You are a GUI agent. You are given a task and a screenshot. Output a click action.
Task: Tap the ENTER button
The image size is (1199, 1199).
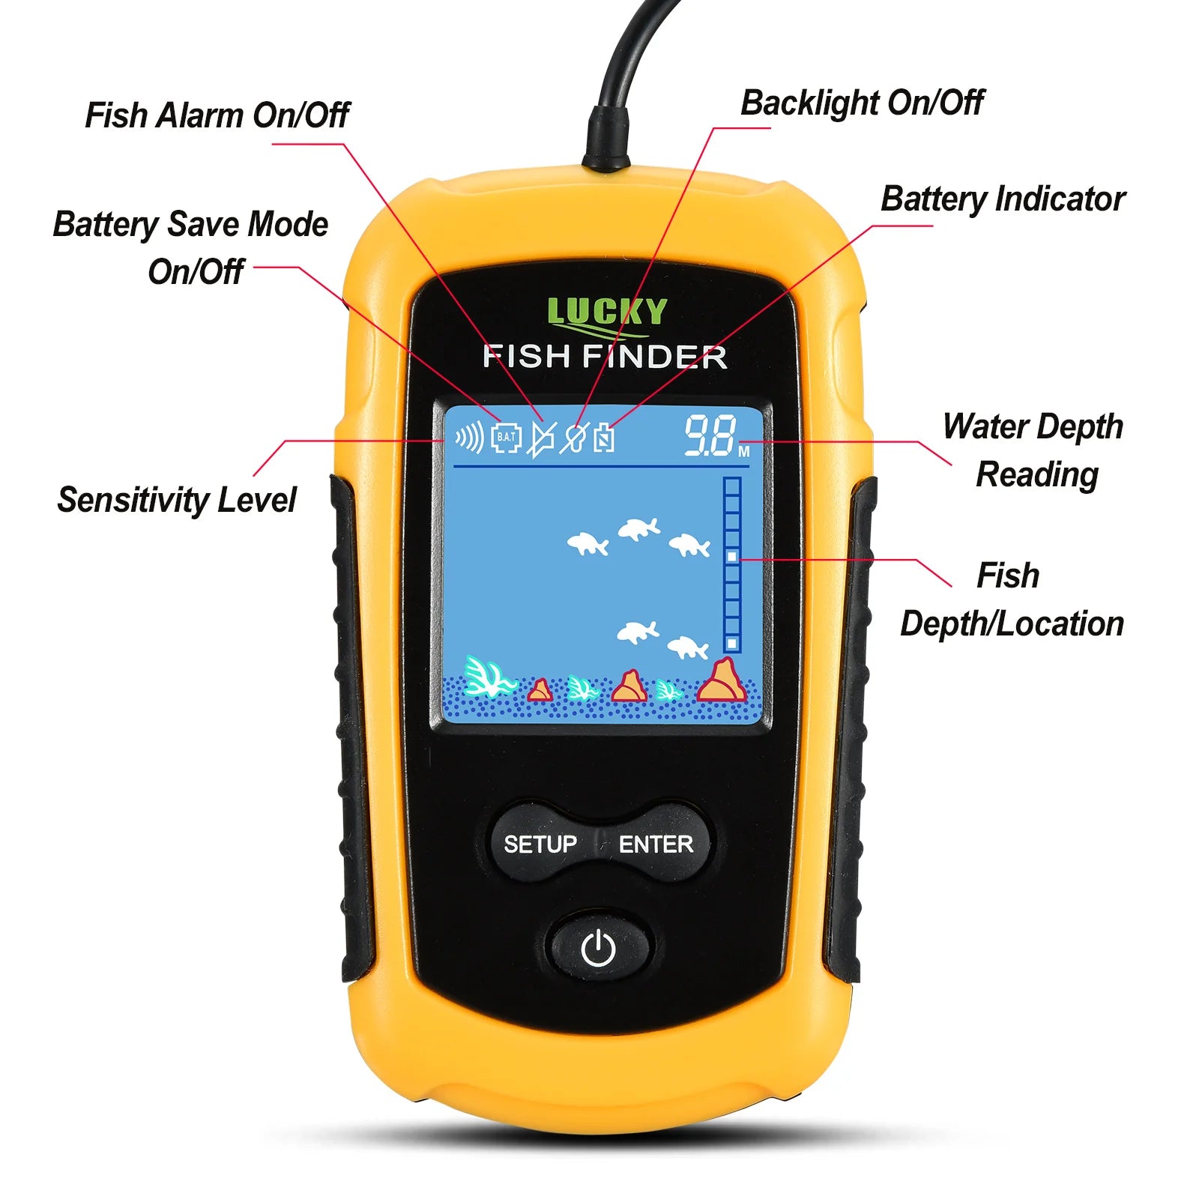point(656,844)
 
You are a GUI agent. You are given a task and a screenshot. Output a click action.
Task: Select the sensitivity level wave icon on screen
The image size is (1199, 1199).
point(470,437)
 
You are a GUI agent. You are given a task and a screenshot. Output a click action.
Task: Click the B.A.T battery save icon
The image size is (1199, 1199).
point(507,438)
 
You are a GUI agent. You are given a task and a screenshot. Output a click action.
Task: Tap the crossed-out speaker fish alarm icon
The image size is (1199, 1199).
point(542,438)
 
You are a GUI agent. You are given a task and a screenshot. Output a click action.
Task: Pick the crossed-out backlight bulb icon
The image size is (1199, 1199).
point(574,438)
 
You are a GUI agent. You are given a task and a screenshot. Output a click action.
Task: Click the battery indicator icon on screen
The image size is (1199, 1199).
point(604,438)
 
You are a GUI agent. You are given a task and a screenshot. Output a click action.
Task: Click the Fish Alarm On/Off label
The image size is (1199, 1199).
point(217,115)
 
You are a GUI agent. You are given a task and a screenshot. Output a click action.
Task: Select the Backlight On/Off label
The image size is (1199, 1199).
point(862,103)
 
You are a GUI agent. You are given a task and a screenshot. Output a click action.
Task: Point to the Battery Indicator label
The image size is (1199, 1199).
point(1003,199)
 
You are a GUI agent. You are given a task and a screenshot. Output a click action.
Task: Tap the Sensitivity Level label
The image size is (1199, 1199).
point(177,500)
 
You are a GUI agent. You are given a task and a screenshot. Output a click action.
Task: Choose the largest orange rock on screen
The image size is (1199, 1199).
point(722,680)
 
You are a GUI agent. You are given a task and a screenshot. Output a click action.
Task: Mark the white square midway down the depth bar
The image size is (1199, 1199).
point(732,557)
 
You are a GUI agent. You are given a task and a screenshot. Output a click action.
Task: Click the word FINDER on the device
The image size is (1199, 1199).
point(655,357)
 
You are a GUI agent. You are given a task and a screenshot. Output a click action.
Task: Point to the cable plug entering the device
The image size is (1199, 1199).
point(607,139)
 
